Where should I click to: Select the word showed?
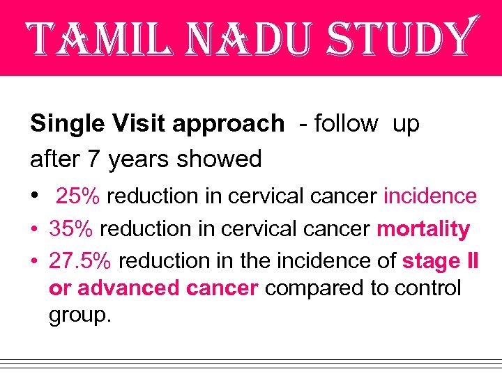[x=219, y=159]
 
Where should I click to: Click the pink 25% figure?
[x=79, y=196]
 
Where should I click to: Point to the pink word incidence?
[x=429, y=196]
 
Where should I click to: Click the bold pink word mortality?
[x=423, y=228]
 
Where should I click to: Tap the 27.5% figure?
[x=82, y=260]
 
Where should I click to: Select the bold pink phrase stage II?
[x=441, y=260]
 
